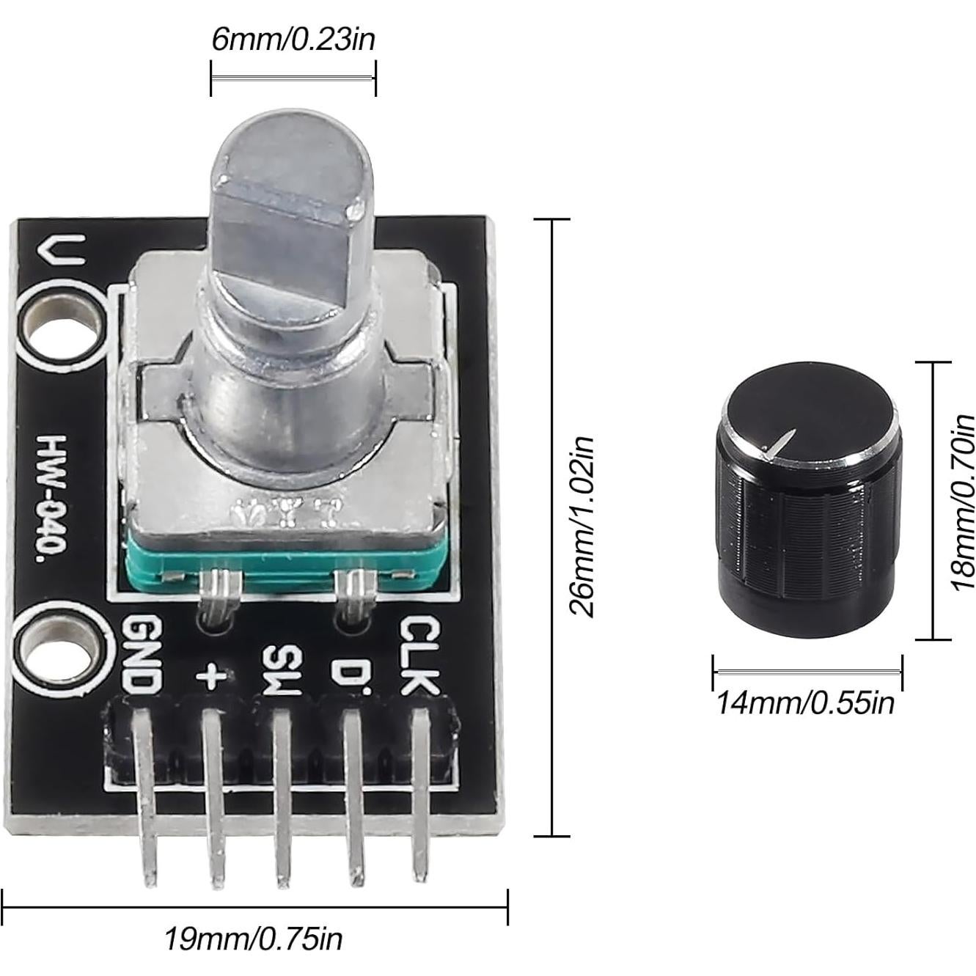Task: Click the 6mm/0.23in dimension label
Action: point(293,38)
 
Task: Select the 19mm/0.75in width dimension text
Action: point(253,938)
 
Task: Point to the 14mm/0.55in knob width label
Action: point(804,702)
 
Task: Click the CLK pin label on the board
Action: point(419,655)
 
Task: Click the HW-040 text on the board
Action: point(53,499)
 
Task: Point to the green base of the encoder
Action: point(279,565)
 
